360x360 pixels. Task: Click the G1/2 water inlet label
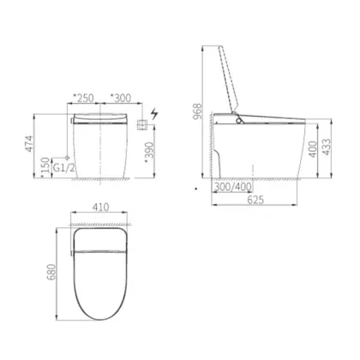(x=64, y=168)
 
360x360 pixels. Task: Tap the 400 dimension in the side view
(x=314, y=149)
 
